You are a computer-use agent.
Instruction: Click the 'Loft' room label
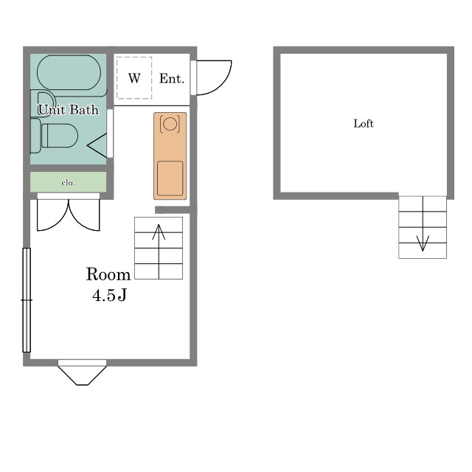click(364, 123)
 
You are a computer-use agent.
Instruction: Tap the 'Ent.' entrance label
click(172, 79)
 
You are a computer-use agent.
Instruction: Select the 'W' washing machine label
click(134, 78)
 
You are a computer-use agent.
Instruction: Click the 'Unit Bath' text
click(69, 110)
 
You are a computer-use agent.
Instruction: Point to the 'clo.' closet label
click(68, 183)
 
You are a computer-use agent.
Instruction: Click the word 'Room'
click(108, 274)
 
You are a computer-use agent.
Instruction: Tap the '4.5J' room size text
click(109, 295)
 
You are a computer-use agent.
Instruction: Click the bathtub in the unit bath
click(69, 72)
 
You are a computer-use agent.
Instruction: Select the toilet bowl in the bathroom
click(60, 136)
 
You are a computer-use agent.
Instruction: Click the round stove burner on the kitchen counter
click(170, 124)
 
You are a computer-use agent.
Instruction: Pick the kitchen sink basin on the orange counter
click(170, 178)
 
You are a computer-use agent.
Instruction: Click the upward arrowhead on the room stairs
click(159, 232)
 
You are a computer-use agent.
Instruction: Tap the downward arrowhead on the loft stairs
click(423, 243)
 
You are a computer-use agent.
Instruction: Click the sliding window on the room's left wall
click(27, 300)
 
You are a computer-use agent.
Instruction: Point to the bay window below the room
click(82, 372)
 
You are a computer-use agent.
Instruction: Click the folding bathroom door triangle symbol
click(97, 146)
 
